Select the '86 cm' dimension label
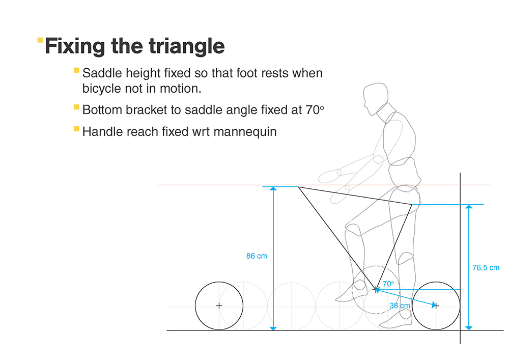(257, 256)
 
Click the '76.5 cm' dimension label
(486, 267)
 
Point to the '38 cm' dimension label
(400, 306)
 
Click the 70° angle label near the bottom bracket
(388, 284)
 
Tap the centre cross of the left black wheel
(219, 306)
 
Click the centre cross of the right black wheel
(436, 306)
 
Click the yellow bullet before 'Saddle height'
(76, 70)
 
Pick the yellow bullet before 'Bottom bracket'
(76, 107)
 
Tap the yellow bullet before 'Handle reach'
(76, 129)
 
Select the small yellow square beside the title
(40, 39)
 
